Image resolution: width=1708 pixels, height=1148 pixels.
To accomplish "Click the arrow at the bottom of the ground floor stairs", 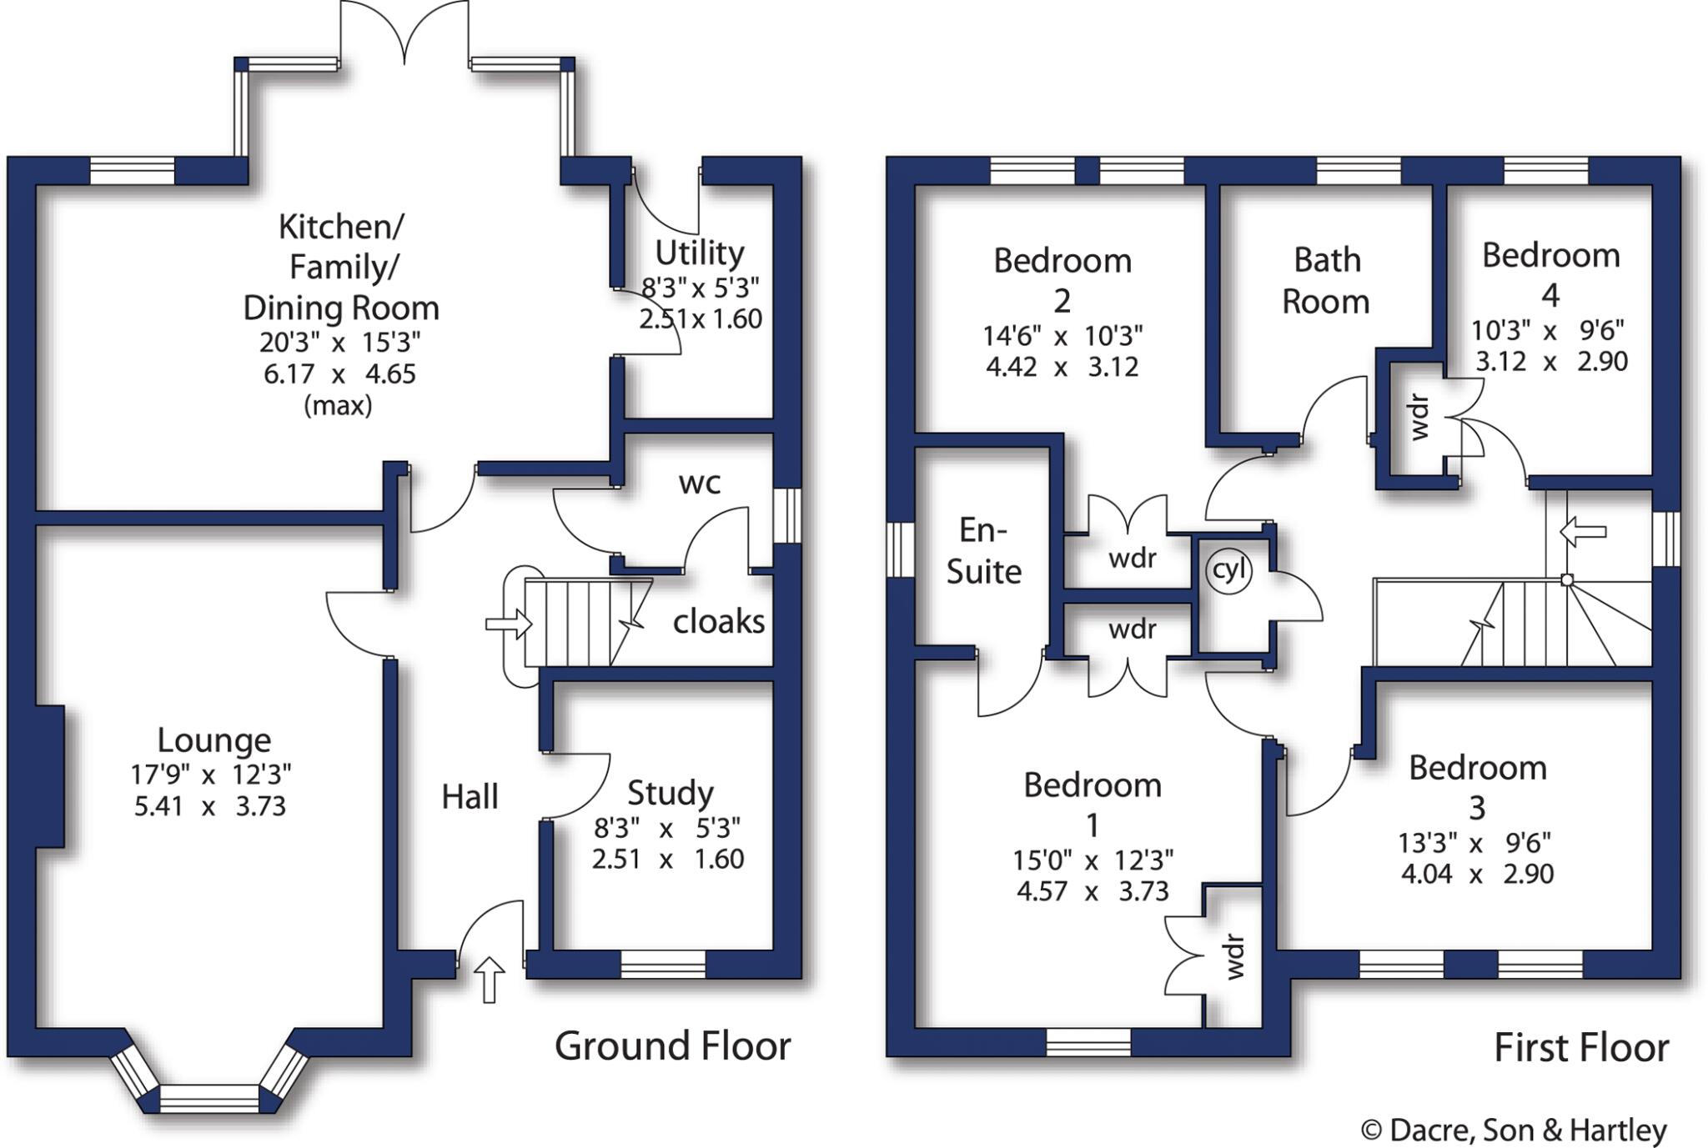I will tap(509, 624).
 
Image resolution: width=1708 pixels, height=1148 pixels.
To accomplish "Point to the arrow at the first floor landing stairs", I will tap(1582, 531).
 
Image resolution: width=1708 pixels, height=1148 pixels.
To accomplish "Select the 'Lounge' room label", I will tap(214, 740).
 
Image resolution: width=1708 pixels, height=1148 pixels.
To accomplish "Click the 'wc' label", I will tap(699, 483).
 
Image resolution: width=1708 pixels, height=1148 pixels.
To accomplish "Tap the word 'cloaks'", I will tap(718, 622).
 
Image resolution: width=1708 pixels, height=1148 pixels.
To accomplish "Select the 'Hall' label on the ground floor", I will tap(470, 797).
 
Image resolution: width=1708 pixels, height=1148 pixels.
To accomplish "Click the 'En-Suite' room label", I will tap(983, 551).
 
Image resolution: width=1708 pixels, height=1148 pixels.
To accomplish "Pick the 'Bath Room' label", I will tap(1326, 281).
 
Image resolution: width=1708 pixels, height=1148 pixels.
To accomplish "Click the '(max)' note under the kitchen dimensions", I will tap(338, 406).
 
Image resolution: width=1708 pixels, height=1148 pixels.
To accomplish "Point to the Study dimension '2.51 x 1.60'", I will tap(667, 860).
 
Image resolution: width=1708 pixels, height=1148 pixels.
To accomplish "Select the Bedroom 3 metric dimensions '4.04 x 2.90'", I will tap(1477, 875).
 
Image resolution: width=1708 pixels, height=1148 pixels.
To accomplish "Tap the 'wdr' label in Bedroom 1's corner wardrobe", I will tap(1234, 957).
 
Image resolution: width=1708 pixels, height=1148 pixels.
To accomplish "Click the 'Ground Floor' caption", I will tap(672, 1046).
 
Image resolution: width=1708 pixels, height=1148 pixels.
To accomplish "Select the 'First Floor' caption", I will tap(1580, 1048).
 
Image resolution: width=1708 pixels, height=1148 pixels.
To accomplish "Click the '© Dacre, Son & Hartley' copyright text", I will tap(1514, 1130).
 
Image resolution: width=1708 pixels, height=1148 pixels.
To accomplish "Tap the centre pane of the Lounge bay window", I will tap(209, 1098).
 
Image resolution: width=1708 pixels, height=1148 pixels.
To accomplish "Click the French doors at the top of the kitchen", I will tap(404, 33).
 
